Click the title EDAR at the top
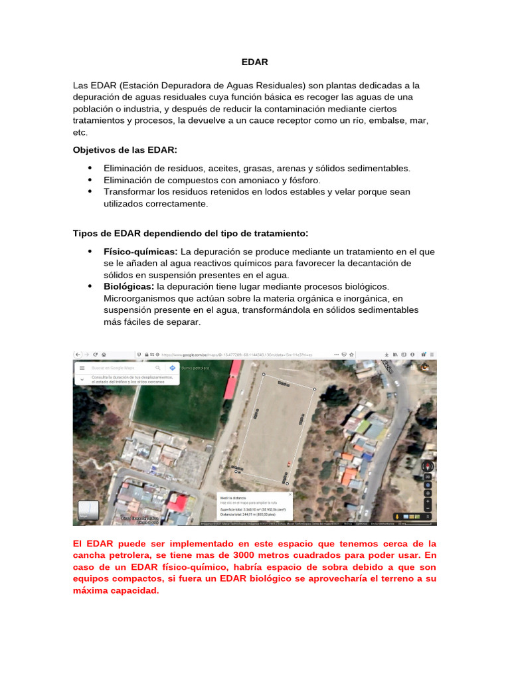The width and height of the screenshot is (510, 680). pyautogui.click(x=254, y=62)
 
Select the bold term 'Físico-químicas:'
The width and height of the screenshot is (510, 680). pyautogui.click(x=140, y=252)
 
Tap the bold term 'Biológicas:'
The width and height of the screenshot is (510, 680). pyautogui.click(x=129, y=286)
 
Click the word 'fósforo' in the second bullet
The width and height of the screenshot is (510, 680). pyautogui.click(x=303, y=180)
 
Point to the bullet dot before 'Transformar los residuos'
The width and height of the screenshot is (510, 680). pyautogui.click(x=90, y=191)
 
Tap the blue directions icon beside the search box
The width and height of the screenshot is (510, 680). pyautogui.click(x=172, y=367)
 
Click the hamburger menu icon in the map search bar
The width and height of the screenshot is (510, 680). pyautogui.click(x=82, y=367)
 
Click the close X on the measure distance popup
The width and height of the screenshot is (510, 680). pyautogui.click(x=290, y=495)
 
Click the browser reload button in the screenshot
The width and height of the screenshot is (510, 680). pyautogui.click(x=96, y=354)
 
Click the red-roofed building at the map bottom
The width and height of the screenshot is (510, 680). pyautogui.click(x=177, y=503)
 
